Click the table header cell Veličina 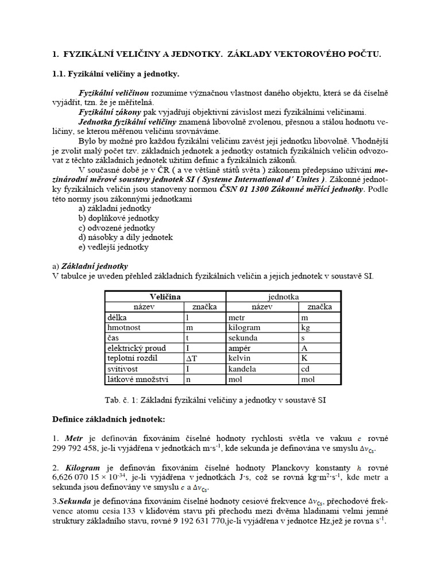tap(165, 296)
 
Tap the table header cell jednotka tap(283, 296)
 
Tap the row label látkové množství tap(138, 379)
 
